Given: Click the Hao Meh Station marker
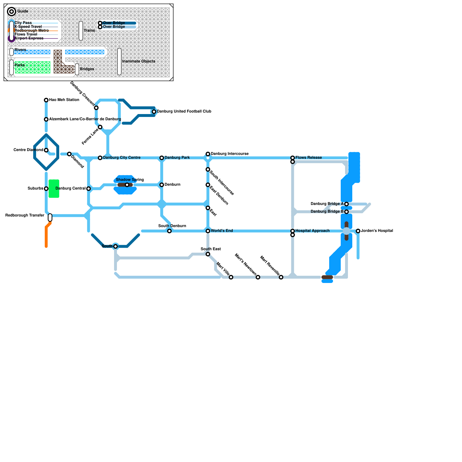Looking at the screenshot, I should coord(46,100).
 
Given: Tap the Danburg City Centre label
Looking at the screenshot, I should coord(122,158).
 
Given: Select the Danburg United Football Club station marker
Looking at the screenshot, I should coord(154,112).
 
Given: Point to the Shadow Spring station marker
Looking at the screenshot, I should coord(127,185).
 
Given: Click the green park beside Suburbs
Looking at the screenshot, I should coord(54,189).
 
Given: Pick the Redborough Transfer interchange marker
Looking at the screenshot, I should coord(50,217).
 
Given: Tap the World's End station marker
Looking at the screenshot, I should coord(208,231).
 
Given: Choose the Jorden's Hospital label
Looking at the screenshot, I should coord(377,231).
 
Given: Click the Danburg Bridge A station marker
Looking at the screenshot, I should coord(346,204).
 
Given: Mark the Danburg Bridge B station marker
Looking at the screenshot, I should coord(346,212).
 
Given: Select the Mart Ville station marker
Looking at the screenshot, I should coord(231,277).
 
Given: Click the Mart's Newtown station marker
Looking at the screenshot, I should coord(258,277).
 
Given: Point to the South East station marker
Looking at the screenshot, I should coord(208,254).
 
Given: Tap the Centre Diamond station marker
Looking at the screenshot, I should coord(46,150).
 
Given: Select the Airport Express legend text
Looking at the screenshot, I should coord(29,38).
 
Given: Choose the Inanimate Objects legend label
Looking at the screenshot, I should coord(139,61).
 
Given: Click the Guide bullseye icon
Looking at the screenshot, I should coord(12,12).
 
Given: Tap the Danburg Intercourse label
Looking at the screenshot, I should coord(230,154).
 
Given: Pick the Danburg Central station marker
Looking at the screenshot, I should coord(89,189).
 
